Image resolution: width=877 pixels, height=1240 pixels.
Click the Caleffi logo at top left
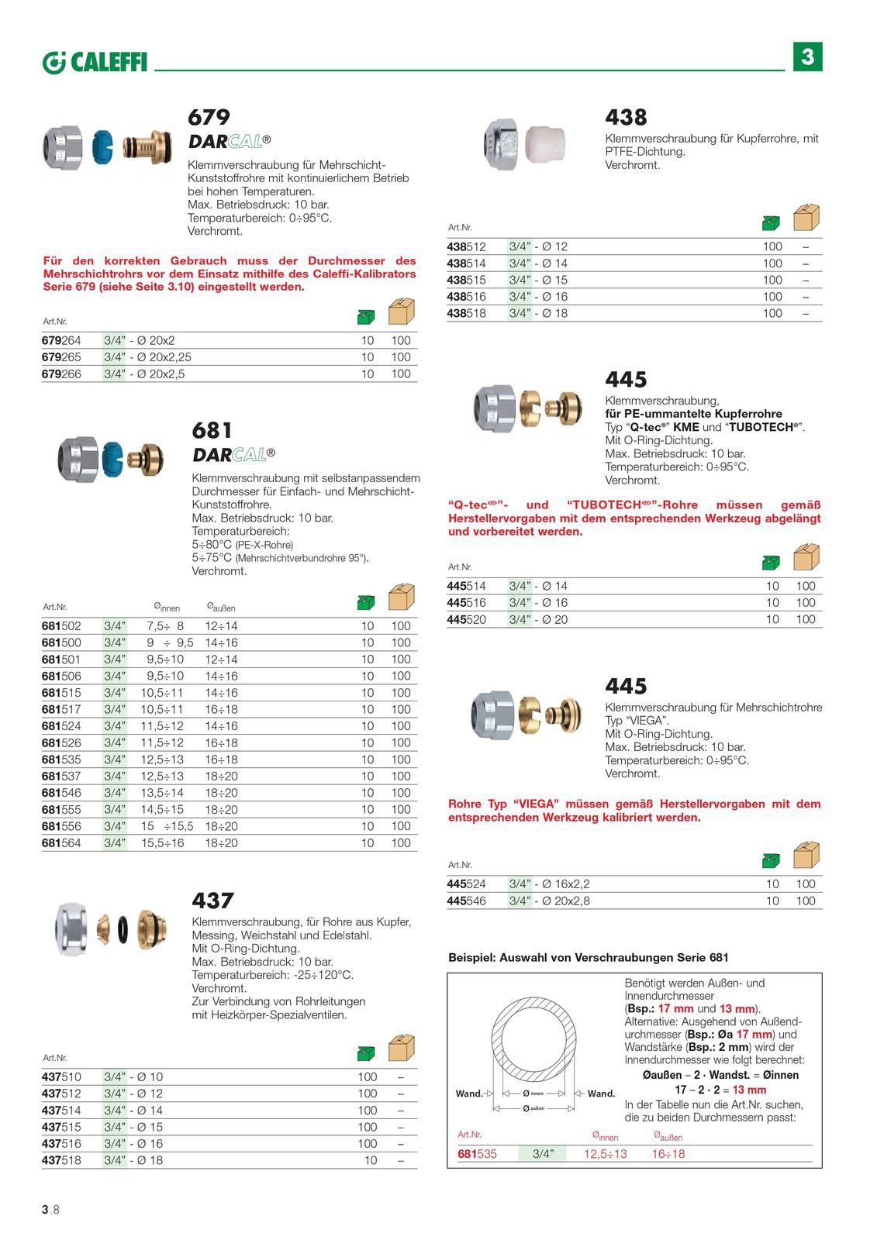[95, 62]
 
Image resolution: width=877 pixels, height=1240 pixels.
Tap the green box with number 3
[807, 57]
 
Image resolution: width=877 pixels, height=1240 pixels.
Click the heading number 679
[209, 117]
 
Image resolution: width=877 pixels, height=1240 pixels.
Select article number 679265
[61, 357]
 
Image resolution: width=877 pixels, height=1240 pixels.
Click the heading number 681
[212, 430]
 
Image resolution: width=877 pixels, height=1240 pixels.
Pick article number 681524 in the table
[61, 726]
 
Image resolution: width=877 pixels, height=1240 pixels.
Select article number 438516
[467, 297]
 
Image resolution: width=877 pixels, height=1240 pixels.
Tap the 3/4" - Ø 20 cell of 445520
[538, 619]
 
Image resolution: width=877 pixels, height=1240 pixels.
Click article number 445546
[467, 901]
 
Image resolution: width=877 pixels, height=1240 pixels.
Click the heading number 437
[212, 901]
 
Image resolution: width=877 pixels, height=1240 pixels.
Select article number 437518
[61, 1160]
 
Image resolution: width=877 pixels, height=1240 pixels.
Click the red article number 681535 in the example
[477, 1154]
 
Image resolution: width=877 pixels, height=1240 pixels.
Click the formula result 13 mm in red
[749, 1090]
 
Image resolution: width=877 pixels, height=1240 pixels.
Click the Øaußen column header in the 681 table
[221, 607]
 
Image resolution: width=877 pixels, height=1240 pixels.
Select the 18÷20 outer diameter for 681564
[221, 843]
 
